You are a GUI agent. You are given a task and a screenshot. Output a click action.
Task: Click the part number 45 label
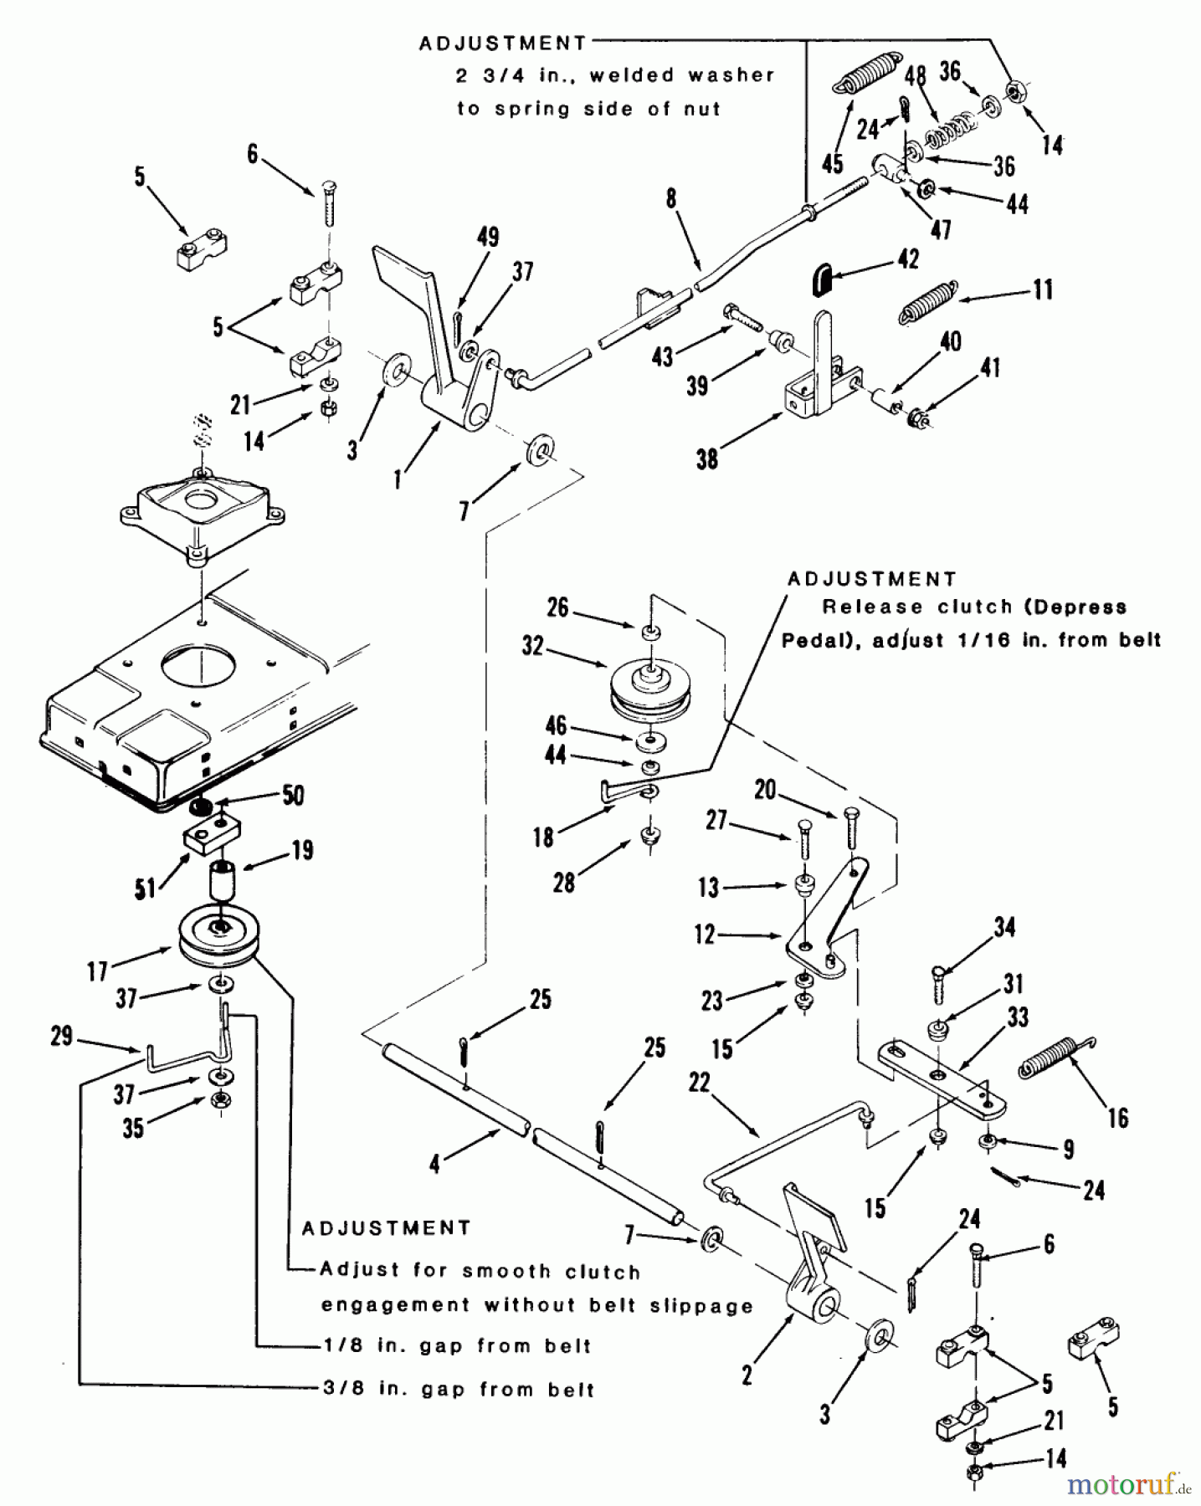pyautogui.click(x=832, y=163)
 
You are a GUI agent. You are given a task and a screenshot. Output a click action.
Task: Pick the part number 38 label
pyautogui.click(x=707, y=458)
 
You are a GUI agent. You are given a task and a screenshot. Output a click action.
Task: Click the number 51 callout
pyautogui.click(x=146, y=889)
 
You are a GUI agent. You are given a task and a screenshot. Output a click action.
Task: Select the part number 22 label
pyautogui.click(x=699, y=1083)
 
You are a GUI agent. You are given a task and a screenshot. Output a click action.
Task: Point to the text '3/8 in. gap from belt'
pyautogui.click(x=459, y=1390)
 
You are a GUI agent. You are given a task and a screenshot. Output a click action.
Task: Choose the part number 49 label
pyautogui.click(x=488, y=237)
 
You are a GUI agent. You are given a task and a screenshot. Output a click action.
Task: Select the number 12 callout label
pyautogui.click(x=705, y=934)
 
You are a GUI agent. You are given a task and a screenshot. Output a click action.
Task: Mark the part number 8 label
pyautogui.click(x=670, y=198)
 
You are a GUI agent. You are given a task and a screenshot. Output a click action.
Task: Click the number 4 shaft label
pyautogui.click(x=434, y=1164)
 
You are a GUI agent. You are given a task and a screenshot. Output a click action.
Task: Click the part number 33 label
pyautogui.click(x=1018, y=1017)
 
